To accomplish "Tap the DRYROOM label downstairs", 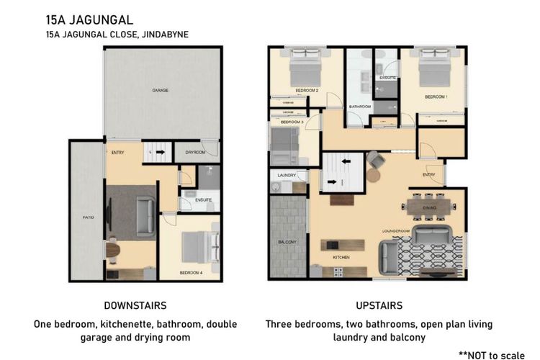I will [196, 153].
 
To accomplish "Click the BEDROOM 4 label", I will [189, 272].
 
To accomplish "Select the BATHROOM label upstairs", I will [360, 107].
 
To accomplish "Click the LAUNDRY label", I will [287, 175].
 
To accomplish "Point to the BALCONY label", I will [287, 242].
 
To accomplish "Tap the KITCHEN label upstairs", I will [341, 256].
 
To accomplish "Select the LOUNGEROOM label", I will [395, 231].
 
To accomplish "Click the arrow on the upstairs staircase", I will [334, 182].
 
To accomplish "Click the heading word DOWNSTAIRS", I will [135, 305].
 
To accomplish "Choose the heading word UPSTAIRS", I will [379, 305].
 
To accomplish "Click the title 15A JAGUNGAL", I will [89, 19].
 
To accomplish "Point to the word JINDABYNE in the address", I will [166, 33].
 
